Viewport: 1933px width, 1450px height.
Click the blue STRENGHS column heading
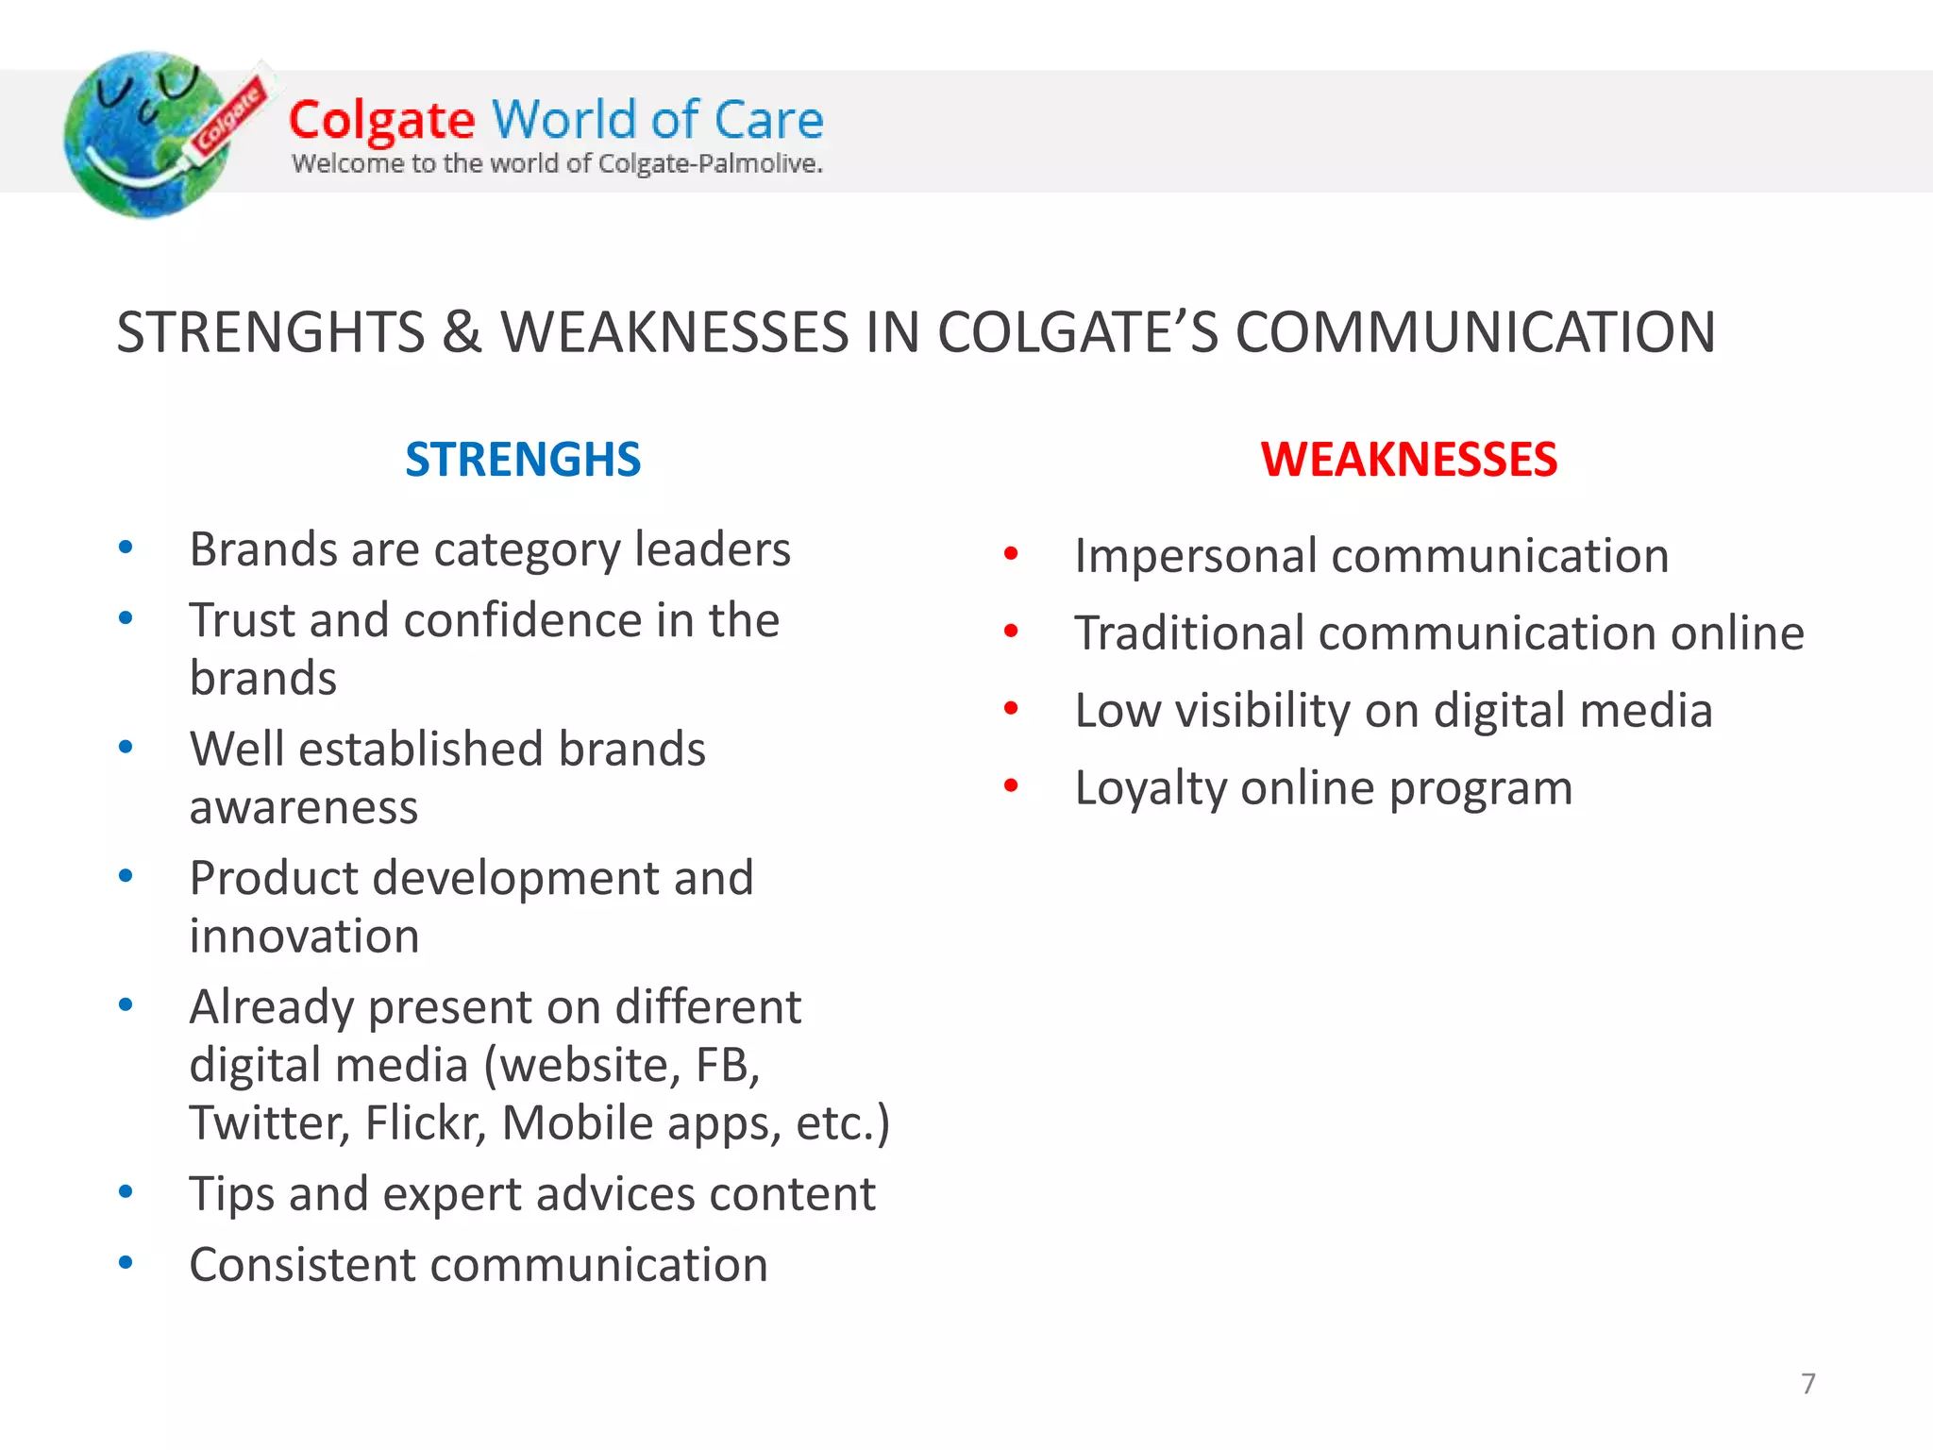pos(523,460)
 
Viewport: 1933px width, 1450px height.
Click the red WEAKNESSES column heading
pos(1408,460)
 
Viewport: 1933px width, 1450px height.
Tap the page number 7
pos(1807,1383)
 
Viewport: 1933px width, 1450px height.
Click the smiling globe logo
pos(146,135)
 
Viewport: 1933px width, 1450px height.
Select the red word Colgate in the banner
pos(381,121)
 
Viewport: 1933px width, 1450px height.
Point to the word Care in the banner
pos(768,121)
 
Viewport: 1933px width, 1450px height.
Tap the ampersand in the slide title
pos(462,332)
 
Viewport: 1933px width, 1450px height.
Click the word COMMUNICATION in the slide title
pos(1475,332)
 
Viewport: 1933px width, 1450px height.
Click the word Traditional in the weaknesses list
pos(1188,632)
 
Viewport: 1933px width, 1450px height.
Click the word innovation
pos(304,936)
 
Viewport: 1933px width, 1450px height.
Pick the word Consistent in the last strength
pos(301,1265)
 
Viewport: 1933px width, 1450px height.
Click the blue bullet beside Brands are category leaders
pos(126,548)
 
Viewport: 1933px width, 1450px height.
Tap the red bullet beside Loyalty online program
pos(1011,785)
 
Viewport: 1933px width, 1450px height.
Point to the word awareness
pos(303,808)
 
